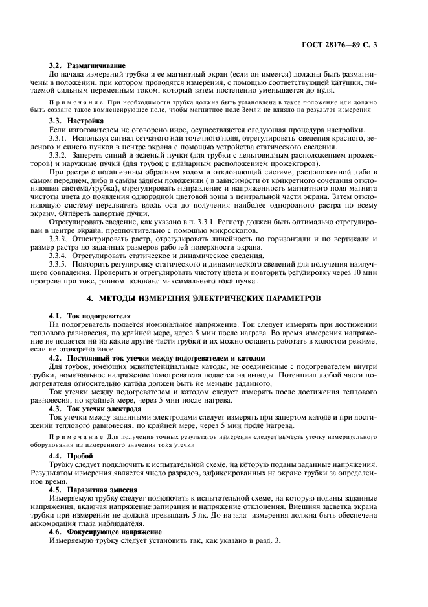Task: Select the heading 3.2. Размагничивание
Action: (87, 66)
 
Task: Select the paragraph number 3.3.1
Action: (59, 139)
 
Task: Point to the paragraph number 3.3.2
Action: (59, 158)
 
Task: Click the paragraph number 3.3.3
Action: (59, 239)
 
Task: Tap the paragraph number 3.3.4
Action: (59, 256)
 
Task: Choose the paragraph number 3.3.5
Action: (59, 265)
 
